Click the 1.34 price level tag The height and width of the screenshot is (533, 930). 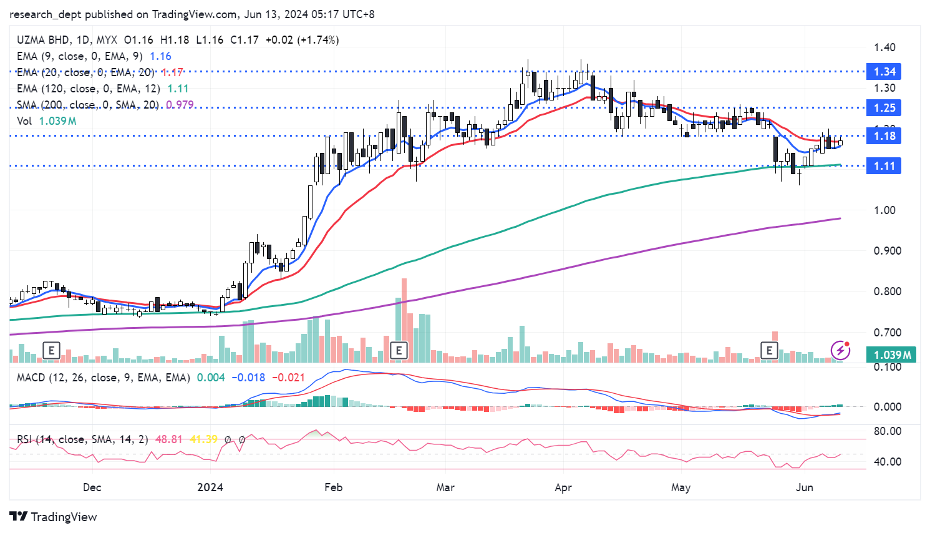[884, 72]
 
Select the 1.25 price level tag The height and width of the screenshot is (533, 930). [884, 108]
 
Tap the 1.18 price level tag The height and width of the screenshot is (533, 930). [884, 136]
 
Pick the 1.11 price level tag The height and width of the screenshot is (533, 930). [884, 166]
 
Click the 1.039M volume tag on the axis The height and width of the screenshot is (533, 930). [892, 355]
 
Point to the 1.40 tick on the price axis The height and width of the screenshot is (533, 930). [884, 47]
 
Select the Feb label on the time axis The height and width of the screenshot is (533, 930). [334, 487]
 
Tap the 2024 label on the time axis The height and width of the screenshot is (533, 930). [210, 487]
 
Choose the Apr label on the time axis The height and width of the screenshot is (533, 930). [563, 487]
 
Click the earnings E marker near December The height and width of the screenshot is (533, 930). [51, 350]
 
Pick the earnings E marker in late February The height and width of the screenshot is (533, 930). [399, 350]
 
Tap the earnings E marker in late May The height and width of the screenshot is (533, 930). [769, 350]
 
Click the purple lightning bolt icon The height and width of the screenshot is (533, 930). [840, 350]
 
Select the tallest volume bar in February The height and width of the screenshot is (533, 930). [404, 320]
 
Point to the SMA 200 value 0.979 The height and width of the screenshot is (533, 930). [180, 105]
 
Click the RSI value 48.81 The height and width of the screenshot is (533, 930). [168, 439]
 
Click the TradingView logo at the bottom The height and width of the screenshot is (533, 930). [54, 517]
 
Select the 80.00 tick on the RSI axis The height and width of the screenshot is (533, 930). [886, 431]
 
